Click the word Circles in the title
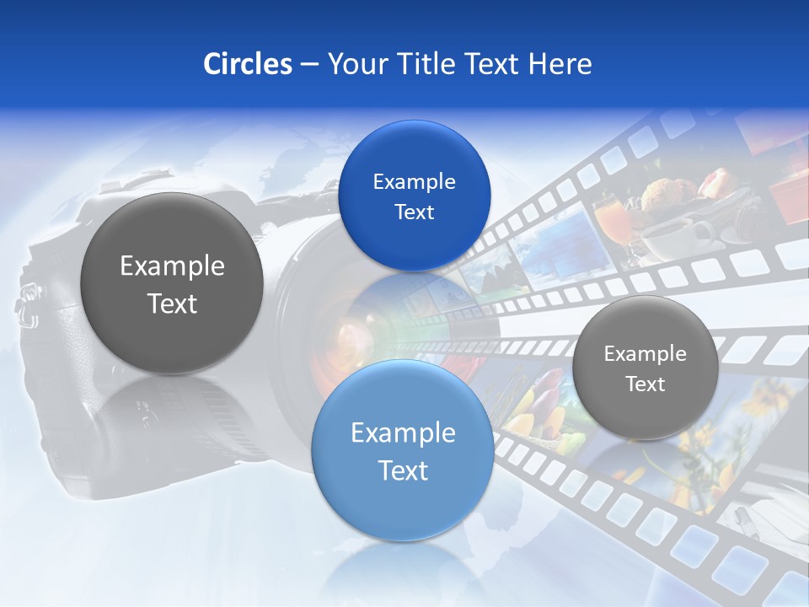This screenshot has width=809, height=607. coord(247,64)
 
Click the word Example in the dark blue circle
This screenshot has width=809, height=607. coord(414,181)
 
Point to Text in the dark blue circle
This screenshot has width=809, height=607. coord(414,212)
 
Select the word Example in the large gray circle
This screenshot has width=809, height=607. coord(172,266)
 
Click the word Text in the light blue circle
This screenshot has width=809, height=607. coord(403,470)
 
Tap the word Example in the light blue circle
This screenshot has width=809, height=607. coord(403,432)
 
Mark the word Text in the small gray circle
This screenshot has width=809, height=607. coord(646,384)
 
